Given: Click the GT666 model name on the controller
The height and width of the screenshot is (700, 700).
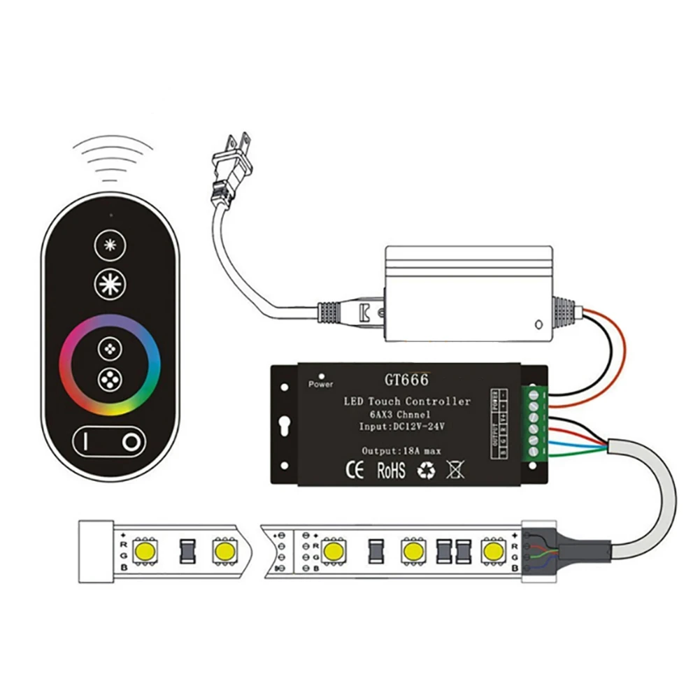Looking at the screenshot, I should coord(406,380).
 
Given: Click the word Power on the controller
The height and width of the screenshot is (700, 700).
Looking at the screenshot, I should coord(320,384).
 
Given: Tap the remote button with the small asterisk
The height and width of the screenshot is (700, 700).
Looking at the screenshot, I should coord(108,245).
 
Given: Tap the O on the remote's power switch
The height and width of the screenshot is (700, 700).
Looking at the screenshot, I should coord(131,442).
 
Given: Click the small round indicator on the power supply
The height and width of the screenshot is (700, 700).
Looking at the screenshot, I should coord(538,324).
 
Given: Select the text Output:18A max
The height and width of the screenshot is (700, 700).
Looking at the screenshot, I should coord(402,450).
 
